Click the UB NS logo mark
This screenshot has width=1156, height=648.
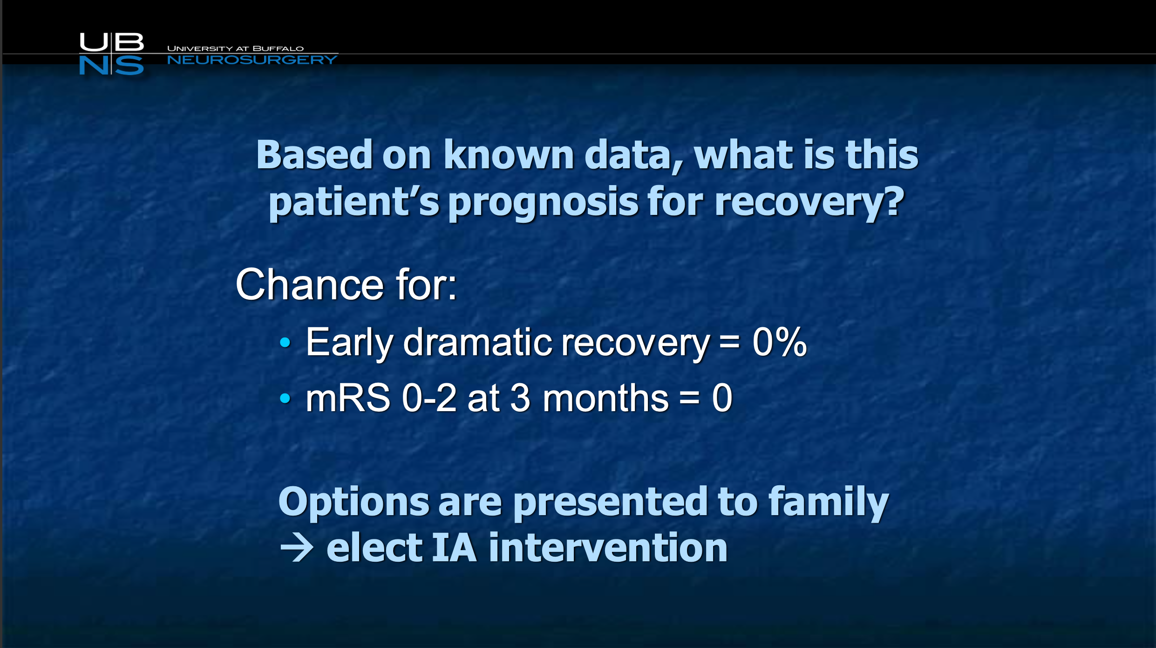111,54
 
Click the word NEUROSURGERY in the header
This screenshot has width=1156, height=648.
252,60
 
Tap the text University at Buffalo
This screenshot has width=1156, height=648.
235,48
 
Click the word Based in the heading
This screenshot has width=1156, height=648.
314,155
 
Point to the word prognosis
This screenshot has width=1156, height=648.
543,203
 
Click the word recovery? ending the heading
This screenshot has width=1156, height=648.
809,203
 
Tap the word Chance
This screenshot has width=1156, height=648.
309,284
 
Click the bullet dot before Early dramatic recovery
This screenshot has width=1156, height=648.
285,343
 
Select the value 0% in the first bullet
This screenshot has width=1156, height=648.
779,342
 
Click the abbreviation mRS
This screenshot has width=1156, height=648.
348,398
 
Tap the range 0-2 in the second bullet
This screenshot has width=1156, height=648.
429,398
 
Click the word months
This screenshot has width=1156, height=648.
605,398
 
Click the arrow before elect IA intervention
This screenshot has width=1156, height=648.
297,547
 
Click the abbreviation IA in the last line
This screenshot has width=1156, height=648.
455,548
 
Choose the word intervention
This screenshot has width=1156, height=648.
608,548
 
